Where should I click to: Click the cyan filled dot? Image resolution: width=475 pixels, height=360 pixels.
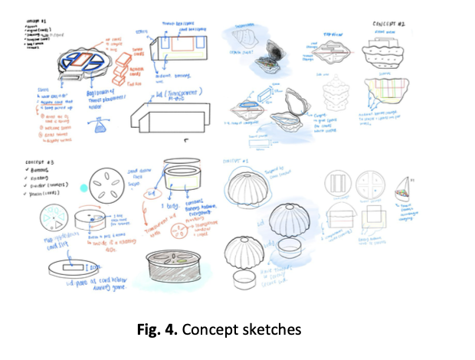[83, 188]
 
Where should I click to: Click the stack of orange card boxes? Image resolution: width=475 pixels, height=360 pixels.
[117, 74]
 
